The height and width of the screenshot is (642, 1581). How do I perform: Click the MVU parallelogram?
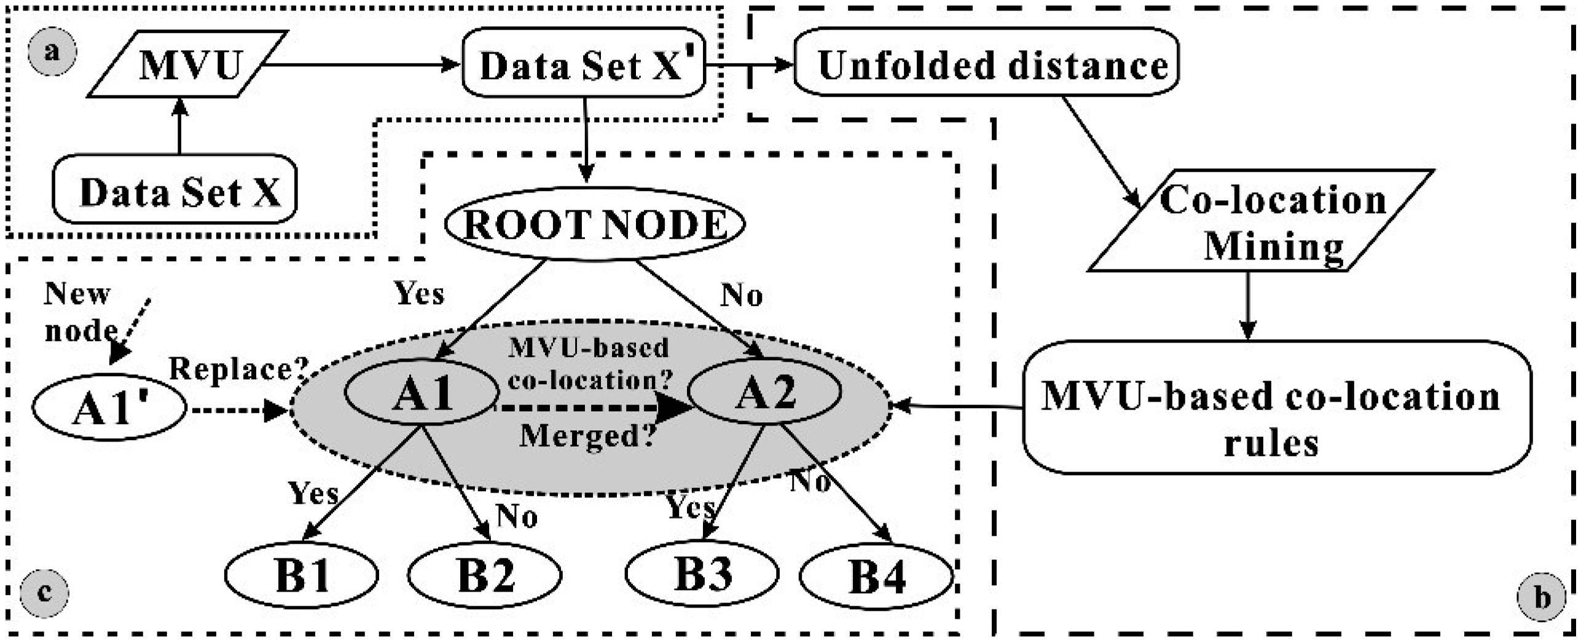tap(187, 64)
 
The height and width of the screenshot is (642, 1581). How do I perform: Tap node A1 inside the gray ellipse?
tap(422, 392)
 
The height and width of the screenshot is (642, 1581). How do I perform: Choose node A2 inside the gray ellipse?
tap(764, 392)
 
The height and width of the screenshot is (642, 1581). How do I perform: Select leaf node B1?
tap(301, 575)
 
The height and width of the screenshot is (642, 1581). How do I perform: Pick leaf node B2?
tap(485, 575)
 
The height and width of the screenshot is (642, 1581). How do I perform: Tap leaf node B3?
tap(702, 573)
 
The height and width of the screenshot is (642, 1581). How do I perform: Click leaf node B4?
tap(877, 575)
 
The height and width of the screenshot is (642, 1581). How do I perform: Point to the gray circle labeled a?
tap(52, 51)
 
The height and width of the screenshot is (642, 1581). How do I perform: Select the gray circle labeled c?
tap(44, 592)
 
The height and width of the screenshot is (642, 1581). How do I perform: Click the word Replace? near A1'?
tap(238, 369)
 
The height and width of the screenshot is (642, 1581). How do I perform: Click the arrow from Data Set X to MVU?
tap(179, 126)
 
